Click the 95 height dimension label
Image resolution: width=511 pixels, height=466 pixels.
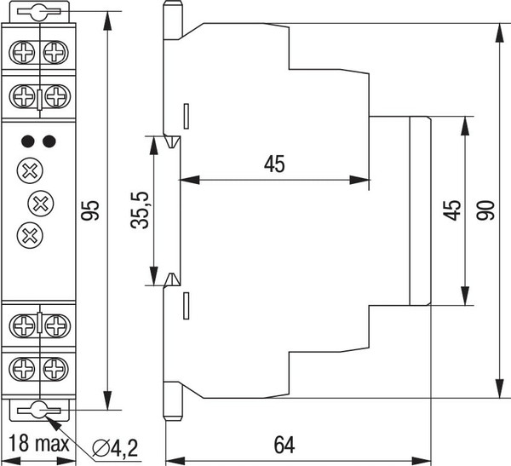[x=93, y=210]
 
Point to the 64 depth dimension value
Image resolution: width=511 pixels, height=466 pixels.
[x=285, y=445]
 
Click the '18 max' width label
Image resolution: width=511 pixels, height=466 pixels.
[x=40, y=443]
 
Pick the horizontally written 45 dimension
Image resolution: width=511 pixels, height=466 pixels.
[x=273, y=164]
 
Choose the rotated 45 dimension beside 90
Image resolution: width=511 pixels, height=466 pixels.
[x=452, y=210]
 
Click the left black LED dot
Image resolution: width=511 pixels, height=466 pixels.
[x=28, y=140]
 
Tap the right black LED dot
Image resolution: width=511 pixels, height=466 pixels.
[x=49, y=140]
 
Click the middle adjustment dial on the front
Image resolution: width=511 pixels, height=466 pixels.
[x=40, y=202]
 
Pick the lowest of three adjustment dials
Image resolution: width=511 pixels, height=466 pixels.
[x=29, y=232]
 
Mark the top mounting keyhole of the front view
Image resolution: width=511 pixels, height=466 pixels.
[x=39, y=13]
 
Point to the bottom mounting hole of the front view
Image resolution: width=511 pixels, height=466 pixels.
[x=39, y=411]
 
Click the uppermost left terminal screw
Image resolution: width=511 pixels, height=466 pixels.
[x=22, y=53]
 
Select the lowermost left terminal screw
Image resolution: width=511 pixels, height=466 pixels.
[x=22, y=370]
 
